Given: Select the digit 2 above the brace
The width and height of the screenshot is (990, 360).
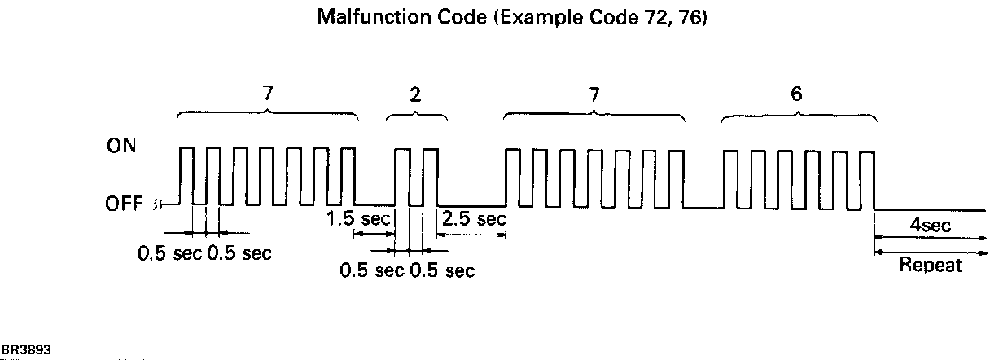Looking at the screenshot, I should click(416, 94).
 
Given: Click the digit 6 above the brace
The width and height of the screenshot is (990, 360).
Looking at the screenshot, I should click(796, 94).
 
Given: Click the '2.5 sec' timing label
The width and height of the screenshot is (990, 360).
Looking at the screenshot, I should click(472, 219).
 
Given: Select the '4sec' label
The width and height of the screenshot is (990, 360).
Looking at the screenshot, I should click(931, 225).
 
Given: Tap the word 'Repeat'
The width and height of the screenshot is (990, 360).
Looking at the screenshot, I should click(931, 266).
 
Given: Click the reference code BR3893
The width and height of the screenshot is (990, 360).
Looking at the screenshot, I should click(25, 349).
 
